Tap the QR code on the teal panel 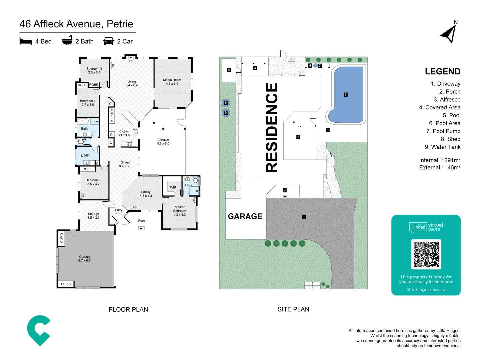click(x=426, y=254)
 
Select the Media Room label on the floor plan click(x=172, y=82)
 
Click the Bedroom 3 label click(x=94, y=70)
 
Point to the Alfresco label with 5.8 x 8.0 click(x=163, y=142)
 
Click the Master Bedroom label click(x=179, y=211)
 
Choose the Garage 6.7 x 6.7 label click(x=84, y=259)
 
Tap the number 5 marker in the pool click(x=345, y=95)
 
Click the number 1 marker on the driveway click(x=304, y=217)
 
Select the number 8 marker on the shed click(x=229, y=70)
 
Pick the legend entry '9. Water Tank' click(x=442, y=147)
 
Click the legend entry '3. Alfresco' click(x=447, y=100)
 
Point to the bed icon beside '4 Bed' click(x=26, y=41)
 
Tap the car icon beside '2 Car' click(x=109, y=41)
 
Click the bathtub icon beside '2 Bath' click(x=67, y=41)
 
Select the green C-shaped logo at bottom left click(x=38, y=330)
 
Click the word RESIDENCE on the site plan click(x=272, y=128)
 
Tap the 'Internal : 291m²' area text click(x=439, y=160)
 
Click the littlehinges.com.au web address click(x=426, y=290)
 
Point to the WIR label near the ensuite click(x=173, y=187)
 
